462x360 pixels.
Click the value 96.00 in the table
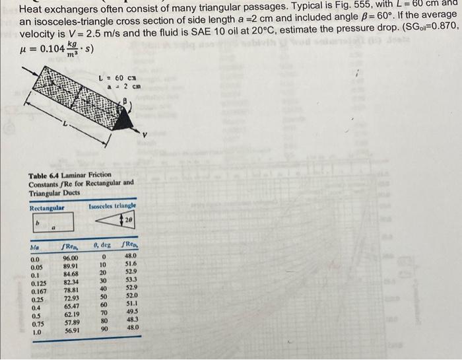[70, 258]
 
